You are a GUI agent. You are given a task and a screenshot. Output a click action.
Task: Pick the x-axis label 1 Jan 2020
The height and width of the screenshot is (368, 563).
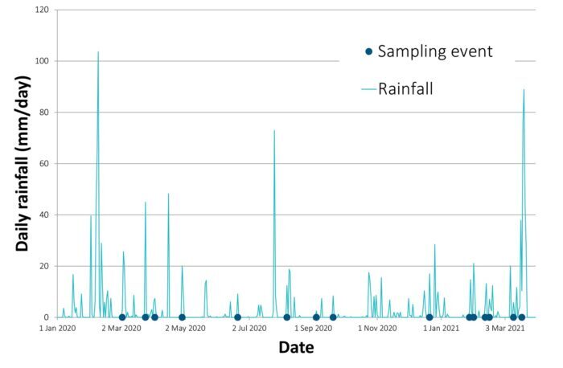[x=59, y=329]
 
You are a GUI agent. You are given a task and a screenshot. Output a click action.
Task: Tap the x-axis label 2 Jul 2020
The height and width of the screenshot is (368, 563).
[x=249, y=329]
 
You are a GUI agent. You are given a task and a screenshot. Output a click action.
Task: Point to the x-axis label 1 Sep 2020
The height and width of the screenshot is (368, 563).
[x=313, y=329]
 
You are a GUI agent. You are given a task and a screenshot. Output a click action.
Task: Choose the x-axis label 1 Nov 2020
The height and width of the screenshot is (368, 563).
[x=376, y=329]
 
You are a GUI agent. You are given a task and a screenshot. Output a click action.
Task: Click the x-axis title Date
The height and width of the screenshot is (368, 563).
[x=296, y=349]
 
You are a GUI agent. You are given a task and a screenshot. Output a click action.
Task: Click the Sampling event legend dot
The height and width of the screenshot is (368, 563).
[x=368, y=52]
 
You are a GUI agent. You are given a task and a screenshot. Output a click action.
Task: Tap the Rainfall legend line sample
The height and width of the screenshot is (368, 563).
[x=368, y=88]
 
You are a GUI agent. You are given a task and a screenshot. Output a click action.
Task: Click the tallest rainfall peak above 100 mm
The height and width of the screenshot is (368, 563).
[x=98, y=52]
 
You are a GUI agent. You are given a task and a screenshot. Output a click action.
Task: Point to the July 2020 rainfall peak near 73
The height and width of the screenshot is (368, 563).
[x=274, y=130]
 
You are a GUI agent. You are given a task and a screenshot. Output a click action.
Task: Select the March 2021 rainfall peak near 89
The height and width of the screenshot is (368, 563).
[x=524, y=89]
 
